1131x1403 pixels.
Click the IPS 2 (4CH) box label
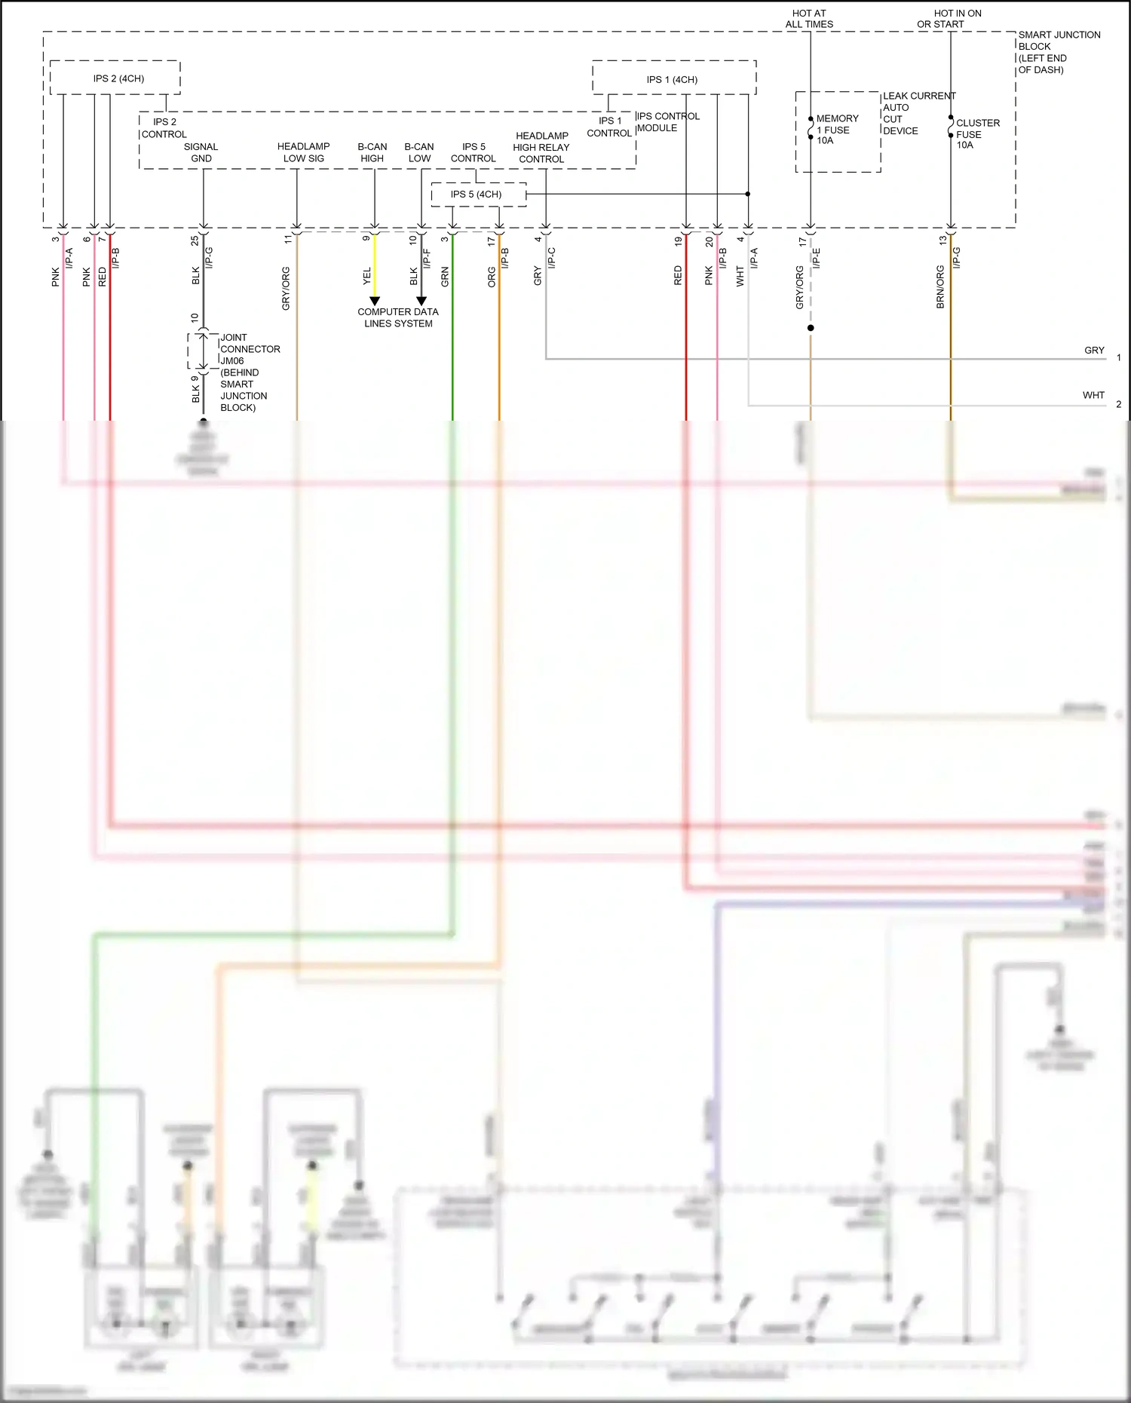118,78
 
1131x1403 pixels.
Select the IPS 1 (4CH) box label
672,79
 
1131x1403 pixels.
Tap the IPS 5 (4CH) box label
476,195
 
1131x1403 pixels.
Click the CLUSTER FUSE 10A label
977,133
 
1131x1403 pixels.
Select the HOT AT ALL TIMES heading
809,19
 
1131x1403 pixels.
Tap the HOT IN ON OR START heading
949,19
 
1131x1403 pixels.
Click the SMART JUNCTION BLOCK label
1058,52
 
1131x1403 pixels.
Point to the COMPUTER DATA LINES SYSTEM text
398,317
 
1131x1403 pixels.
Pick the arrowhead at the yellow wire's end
375,302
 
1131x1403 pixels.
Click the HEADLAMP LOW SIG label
303,152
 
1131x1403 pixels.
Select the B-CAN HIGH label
372,152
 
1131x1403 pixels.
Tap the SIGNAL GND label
201,152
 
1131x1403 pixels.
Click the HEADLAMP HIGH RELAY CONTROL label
541,148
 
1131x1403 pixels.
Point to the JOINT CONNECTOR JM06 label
249,372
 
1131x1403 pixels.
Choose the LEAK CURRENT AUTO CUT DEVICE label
918,113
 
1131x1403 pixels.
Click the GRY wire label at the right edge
1094,351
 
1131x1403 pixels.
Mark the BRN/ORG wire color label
940,286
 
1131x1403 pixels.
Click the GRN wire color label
445,277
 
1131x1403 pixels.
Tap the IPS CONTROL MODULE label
668,122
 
